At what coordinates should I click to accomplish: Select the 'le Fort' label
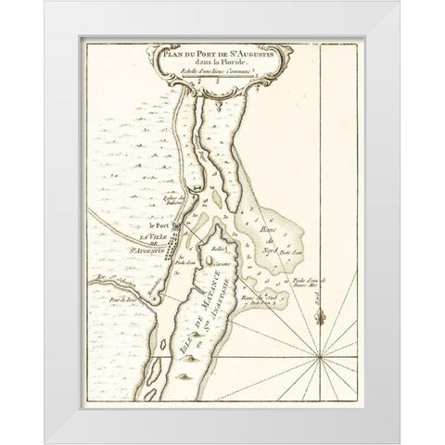click(159, 225)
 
